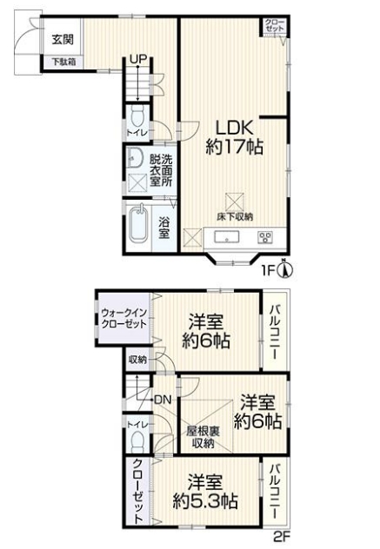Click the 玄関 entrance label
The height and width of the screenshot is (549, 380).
pos(63,40)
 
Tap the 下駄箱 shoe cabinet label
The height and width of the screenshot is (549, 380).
pos(63,62)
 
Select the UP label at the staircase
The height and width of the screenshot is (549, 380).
pos(138,59)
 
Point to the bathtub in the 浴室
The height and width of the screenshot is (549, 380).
pos(139,223)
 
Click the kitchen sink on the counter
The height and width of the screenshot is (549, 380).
pos(226,237)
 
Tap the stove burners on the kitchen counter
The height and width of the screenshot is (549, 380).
pos(265,237)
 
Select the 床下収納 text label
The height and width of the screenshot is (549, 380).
pos(234,216)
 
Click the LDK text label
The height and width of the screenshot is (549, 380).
pos(234,128)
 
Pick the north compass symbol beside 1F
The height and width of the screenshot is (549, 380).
pos(286,268)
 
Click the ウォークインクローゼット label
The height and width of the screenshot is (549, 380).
pos(123,318)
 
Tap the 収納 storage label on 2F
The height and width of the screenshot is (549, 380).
pos(137,360)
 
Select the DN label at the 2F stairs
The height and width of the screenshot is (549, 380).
pos(163,400)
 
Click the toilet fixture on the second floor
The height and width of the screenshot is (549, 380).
pos(137,442)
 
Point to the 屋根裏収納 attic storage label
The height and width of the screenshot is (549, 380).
pos(203,437)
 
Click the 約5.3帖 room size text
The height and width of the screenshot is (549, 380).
pos(205,501)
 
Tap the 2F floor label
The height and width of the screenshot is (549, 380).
pos(282,537)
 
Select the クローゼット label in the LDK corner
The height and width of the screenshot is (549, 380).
pos(275,25)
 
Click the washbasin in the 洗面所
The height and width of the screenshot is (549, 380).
pos(134,159)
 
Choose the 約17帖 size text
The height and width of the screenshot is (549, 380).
pos(234,146)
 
